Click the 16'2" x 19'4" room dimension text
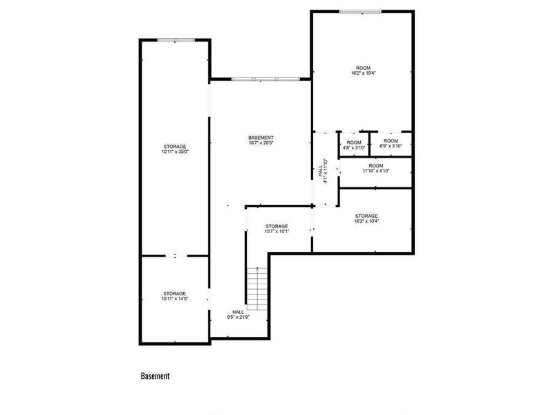coord(364,73)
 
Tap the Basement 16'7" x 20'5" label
coord(261,140)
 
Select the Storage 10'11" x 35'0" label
coord(175,149)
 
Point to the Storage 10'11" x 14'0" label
coord(175,296)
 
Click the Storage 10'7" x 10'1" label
coord(276,229)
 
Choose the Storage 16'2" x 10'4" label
coord(366,219)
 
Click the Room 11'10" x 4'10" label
coord(375,168)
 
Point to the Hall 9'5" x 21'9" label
coord(238,315)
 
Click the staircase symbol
coord(257,288)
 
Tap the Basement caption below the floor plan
coord(155,376)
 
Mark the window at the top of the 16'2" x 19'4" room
coord(360,11)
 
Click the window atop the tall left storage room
coord(175,40)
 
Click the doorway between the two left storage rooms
coord(175,256)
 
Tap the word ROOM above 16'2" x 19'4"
coord(364,68)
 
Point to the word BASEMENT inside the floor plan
coord(261,138)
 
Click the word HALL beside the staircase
coord(238,312)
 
